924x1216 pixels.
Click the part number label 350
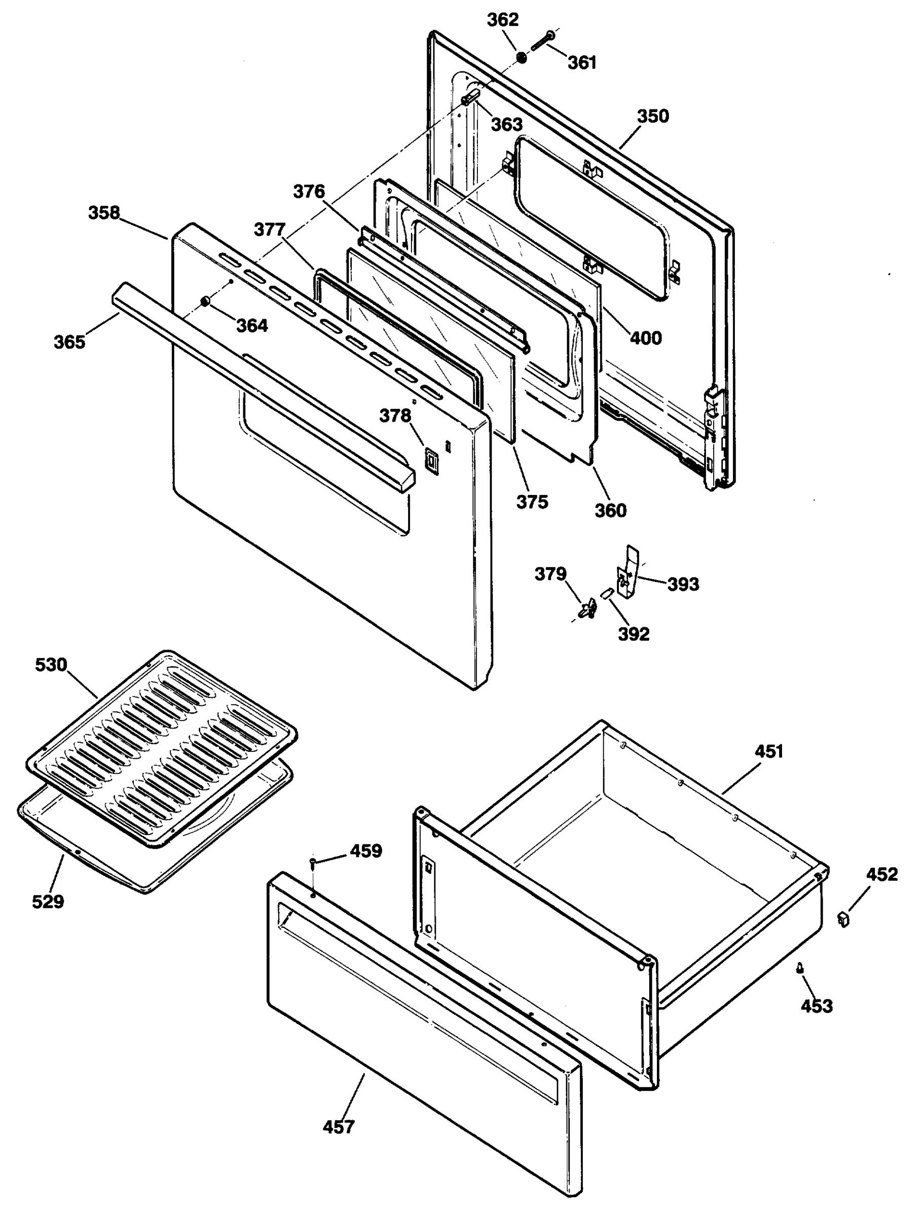click(653, 117)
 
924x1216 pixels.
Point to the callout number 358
click(104, 213)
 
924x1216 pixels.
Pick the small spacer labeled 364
click(205, 301)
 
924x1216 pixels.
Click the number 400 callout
click(646, 337)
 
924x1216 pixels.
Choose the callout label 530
click(51, 665)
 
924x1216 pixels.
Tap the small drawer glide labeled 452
click(843, 918)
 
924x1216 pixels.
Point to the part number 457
click(339, 1126)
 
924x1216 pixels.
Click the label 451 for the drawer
click(768, 751)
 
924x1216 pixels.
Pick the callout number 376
click(309, 192)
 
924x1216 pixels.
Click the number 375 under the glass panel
click(532, 502)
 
